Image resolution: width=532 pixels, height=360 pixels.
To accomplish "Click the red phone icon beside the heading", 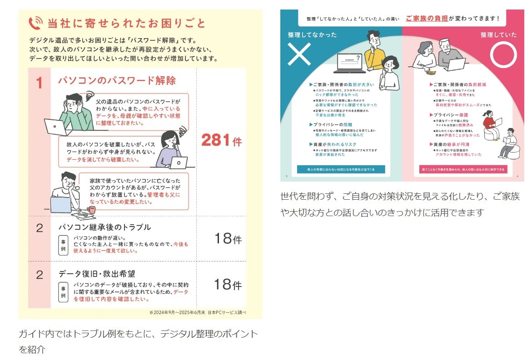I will tap(35, 23).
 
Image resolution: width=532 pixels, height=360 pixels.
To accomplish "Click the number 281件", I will tap(221, 141).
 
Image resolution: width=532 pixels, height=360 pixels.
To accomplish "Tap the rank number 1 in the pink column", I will tap(39, 83).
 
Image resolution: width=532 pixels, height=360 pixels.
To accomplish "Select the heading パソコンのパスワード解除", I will tap(116, 81).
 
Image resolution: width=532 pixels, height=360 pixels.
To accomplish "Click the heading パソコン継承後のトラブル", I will tap(104, 227).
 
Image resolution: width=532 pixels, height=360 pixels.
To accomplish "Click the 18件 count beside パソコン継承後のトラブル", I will tap(228, 238).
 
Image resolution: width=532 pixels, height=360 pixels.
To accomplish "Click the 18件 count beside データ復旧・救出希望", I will tap(228, 285).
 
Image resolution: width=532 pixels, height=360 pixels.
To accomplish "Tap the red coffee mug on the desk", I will tap(92, 210).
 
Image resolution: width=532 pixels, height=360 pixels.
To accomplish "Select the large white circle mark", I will tap(503, 55).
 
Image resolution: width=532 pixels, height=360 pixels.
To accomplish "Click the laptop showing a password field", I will tap(350, 64).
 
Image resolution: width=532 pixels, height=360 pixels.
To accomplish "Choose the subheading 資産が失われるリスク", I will tap(333, 144).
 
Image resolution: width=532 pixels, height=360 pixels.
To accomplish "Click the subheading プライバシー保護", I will tap(448, 115).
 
